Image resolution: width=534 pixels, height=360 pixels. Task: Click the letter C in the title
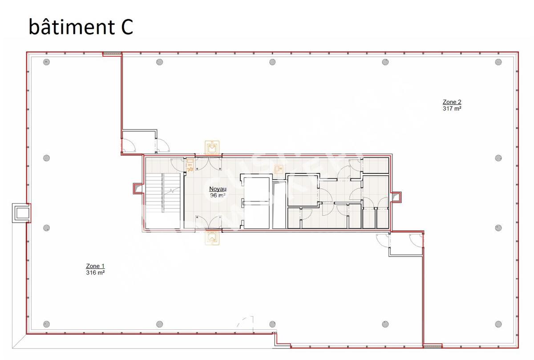point(127,27)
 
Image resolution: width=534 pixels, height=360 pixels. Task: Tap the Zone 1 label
point(95,266)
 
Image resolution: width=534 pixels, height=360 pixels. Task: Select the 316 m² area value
point(95,272)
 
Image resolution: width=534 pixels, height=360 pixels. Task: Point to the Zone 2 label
point(452,102)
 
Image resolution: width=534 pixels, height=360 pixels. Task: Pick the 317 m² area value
point(452,109)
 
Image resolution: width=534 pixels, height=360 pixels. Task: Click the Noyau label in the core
point(218,189)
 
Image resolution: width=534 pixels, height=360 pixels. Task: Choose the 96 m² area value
point(218,195)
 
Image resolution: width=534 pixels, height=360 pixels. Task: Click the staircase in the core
point(163,201)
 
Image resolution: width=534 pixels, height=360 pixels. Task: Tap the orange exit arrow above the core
point(212,148)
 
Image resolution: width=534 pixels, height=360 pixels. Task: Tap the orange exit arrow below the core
point(212,238)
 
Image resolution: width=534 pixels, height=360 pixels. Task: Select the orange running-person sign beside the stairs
point(190,166)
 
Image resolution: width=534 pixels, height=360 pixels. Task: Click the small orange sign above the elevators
point(278,169)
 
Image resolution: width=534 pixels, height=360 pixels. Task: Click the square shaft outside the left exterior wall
point(21,213)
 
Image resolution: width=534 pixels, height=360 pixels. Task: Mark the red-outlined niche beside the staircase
point(138,189)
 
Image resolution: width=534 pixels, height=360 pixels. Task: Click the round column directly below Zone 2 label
point(498,158)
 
